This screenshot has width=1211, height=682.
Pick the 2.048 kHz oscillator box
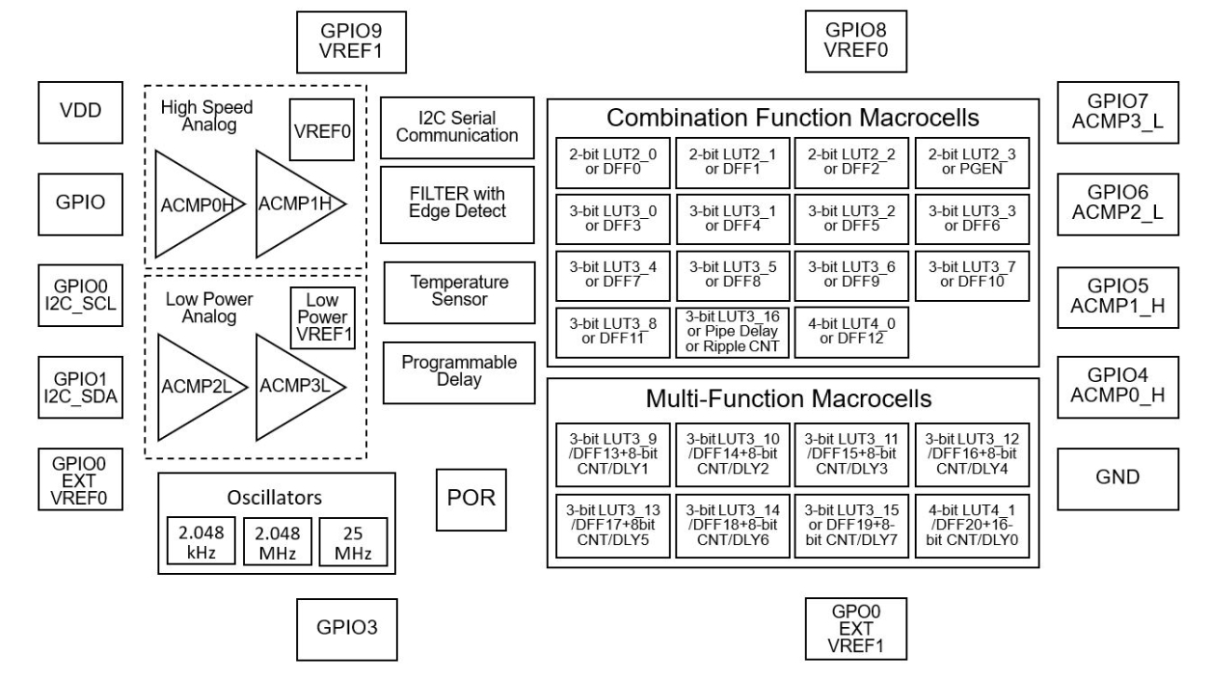pyautogui.click(x=200, y=541)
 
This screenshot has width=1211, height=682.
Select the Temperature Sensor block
pyautogui.click(x=459, y=290)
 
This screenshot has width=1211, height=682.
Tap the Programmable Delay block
pyautogui.click(x=459, y=371)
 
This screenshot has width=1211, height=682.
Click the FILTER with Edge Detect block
pyautogui.click(x=457, y=204)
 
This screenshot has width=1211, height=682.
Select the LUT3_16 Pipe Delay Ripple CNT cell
pyautogui.click(x=732, y=333)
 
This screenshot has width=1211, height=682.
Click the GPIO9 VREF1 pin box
pyautogui.click(x=350, y=40)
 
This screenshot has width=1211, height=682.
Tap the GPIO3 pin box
pyautogui.click(x=345, y=626)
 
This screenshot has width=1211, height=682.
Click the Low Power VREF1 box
pyautogui.click(x=323, y=317)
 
